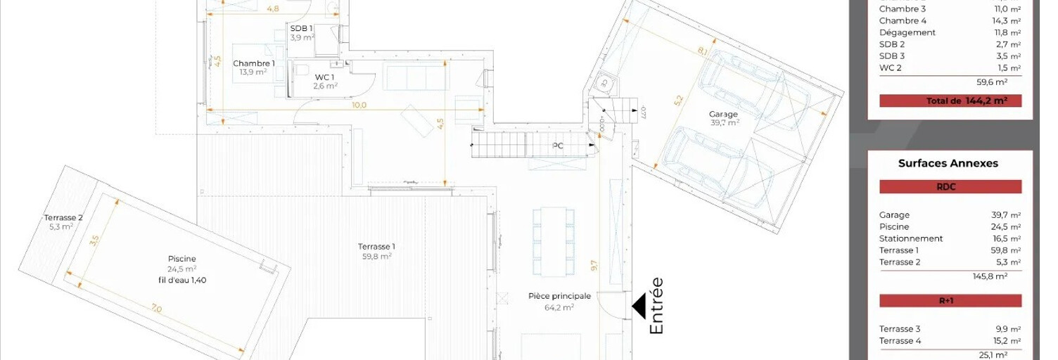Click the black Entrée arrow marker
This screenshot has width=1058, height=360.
(640, 307)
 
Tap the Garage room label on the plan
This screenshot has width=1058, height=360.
(723, 114)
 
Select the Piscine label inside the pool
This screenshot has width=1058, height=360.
(181, 259)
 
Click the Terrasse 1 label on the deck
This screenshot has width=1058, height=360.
(376, 247)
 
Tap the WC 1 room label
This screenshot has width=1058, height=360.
(324, 77)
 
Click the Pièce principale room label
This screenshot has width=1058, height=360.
(559, 296)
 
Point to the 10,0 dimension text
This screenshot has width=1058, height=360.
(359, 105)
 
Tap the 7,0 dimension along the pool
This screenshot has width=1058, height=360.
(156, 309)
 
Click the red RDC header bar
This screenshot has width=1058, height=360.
(950, 186)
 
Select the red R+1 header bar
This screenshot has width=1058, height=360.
(950, 301)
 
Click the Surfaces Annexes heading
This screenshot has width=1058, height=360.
(948, 163)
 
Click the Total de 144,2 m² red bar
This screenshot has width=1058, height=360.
(950, 101)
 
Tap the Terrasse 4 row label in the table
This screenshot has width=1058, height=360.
(900, 341)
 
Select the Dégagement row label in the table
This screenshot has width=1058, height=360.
(907, 32)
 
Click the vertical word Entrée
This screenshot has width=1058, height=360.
(656, 306)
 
